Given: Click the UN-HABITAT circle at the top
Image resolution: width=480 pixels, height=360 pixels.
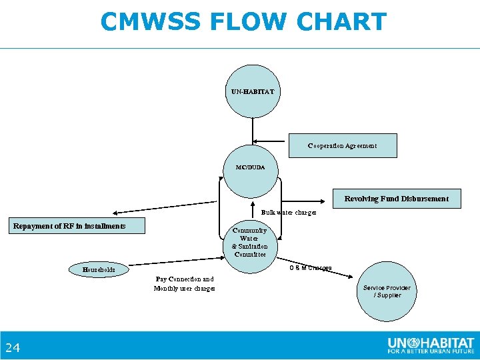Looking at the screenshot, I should tap(252, 91).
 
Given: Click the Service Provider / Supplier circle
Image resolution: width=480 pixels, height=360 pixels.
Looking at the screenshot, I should tap(387, 292).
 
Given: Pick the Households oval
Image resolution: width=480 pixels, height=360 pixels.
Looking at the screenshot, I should tap(99, 270).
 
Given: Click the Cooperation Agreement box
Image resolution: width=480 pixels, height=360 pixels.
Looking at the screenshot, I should tap(342, 145).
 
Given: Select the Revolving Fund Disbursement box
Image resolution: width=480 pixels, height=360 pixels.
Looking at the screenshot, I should tap(396, 199).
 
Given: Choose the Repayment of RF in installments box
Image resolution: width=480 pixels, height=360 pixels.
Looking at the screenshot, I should tap(79, 226).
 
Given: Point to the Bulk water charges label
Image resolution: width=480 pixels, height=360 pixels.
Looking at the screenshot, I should tap(288, 213).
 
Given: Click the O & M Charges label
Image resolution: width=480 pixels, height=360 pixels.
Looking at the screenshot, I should tap(310, 268).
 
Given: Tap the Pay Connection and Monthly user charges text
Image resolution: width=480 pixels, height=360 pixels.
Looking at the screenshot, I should tap(185, 284).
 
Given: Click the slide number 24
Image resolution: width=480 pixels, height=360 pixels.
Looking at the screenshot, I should tap(13, 347).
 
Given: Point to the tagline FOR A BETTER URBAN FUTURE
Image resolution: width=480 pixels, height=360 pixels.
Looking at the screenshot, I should tap(430, 351).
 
